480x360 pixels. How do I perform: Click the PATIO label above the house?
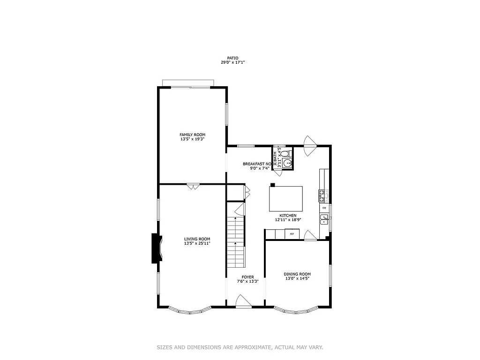point(232,58)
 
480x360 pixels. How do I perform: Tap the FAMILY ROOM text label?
point(193,135)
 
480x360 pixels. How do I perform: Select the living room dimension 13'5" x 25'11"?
point(197,243)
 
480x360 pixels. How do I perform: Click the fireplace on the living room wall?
point(156,248)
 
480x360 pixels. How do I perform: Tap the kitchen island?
point(285,199)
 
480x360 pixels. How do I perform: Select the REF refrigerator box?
point(292,233)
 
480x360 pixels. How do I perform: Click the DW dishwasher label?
point(324,208)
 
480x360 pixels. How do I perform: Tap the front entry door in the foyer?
point(243,302)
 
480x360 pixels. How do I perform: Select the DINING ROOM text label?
point(297,274)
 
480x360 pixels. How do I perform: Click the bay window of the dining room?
point(296,310)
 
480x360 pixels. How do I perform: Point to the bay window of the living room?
point(190,310)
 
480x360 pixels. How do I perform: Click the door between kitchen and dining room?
point(310,236)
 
